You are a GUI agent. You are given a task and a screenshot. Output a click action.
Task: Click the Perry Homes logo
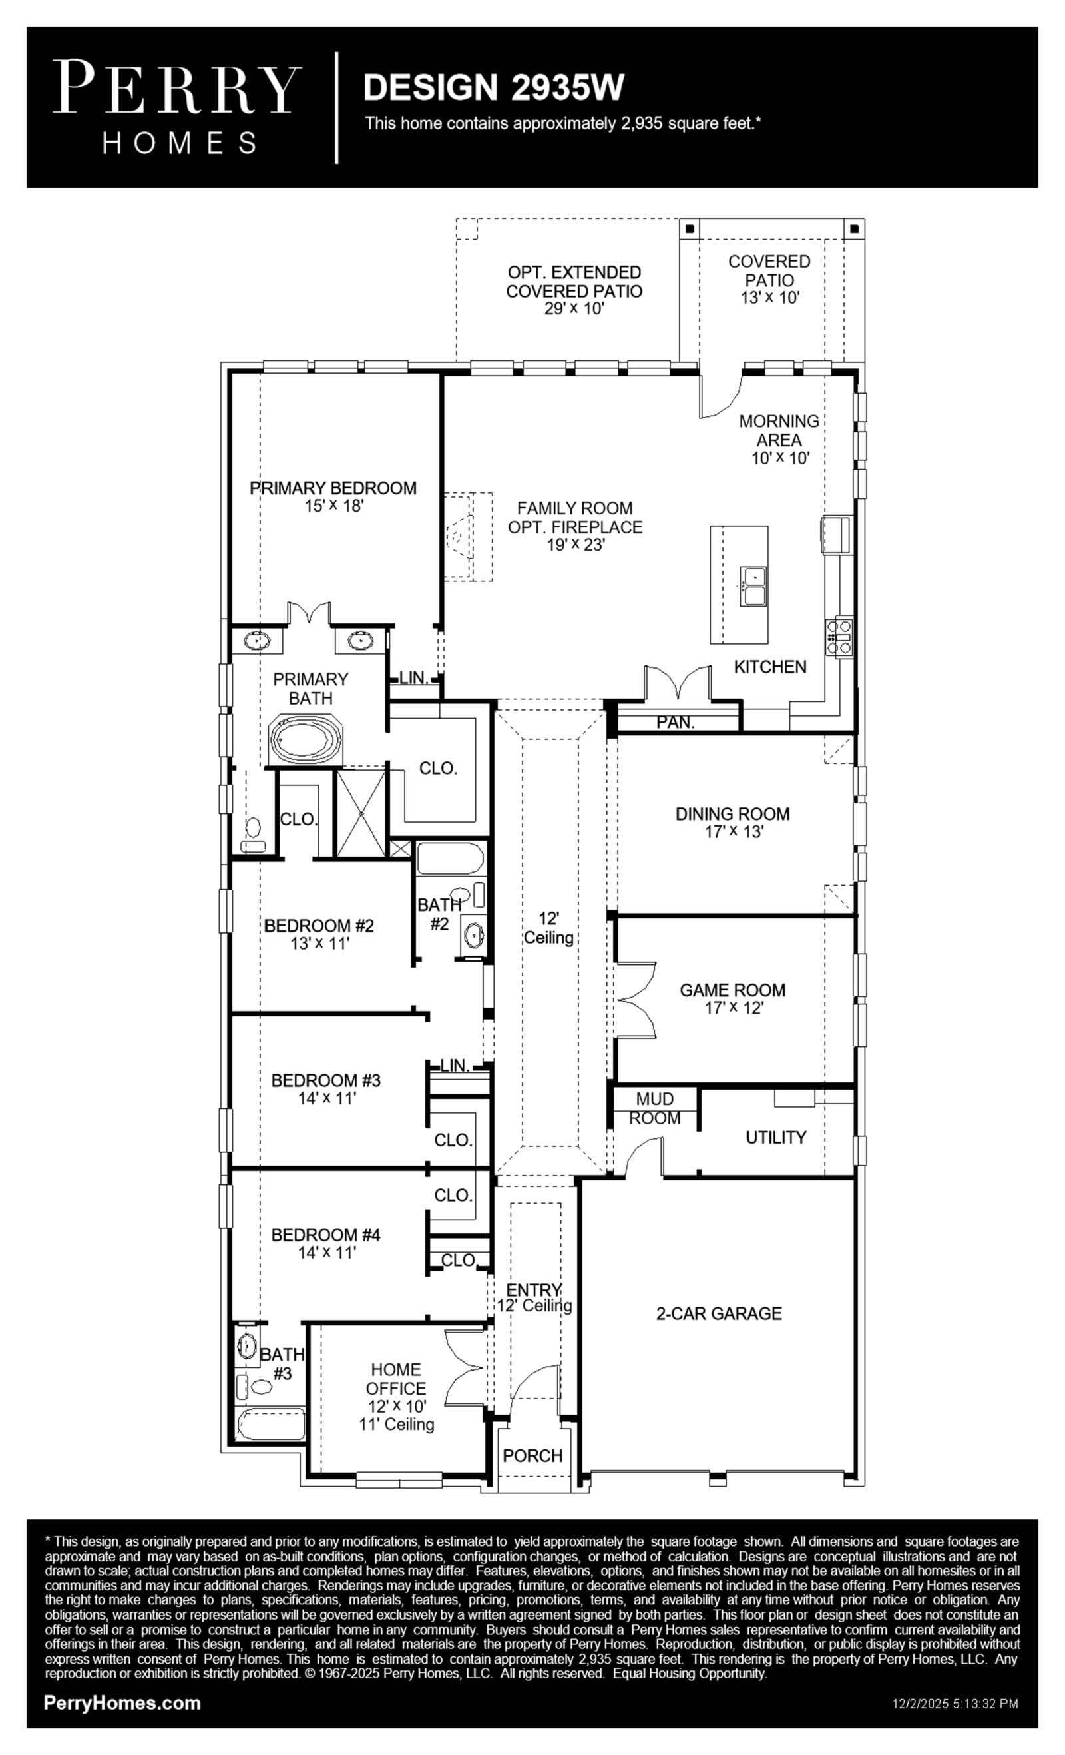click(x=176, y=107)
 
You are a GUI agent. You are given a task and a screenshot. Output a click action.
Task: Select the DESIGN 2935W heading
click(x=493, y=87)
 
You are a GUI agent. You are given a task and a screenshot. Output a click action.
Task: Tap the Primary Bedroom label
click(x=332, y=488)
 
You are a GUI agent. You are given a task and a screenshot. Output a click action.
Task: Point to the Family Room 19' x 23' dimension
click(x=575, y=545)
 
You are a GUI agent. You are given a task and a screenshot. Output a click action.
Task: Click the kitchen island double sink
click(x=751, y=585)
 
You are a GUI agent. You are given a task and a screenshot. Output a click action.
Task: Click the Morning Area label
click(x=779, y=430)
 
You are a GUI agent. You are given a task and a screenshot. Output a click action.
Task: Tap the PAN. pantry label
click(x=675, y=722)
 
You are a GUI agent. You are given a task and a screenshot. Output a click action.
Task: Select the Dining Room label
click(x=733, y=813)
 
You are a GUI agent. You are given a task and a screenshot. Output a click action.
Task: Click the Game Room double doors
click(x=636, y=1000)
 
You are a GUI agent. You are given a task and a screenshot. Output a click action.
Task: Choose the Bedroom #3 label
click(x=326, y=1080)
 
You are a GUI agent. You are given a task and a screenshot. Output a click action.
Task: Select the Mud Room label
click(x=655, y=1108)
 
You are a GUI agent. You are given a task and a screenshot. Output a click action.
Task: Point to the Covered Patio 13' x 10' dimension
click(x=769, y=298)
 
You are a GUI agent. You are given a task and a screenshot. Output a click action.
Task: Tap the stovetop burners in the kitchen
click(x=839, y=636)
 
